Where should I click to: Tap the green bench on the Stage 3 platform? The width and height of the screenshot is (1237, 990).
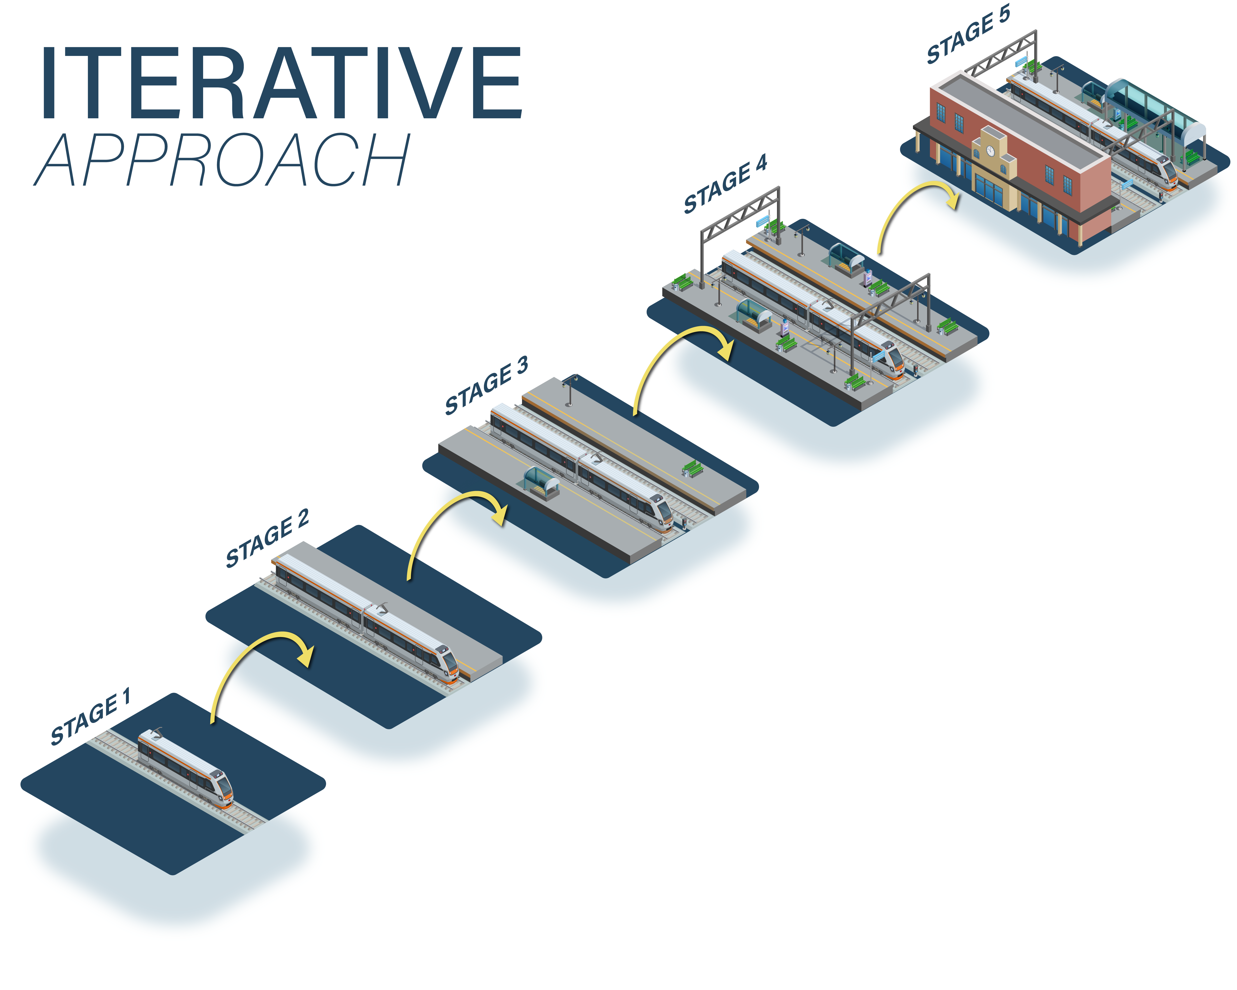[692, 469]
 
